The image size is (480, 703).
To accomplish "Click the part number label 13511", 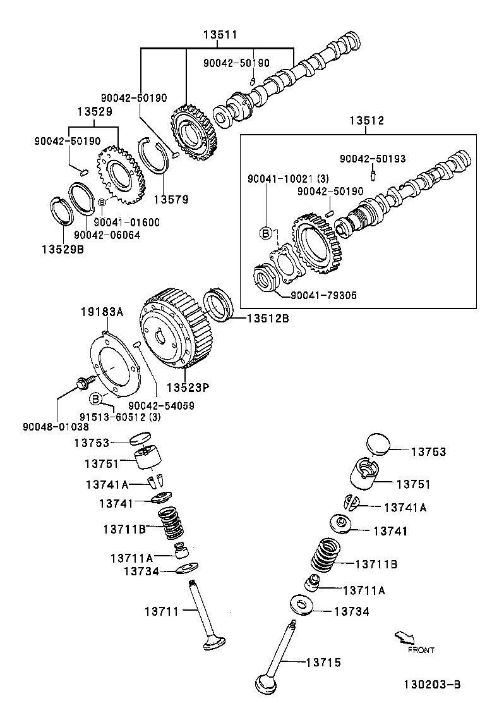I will (220, 35).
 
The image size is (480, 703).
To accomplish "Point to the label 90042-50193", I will (372, 159).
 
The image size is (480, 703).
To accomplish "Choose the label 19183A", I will (102, 312).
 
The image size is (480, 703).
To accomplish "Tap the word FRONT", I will (421, 650).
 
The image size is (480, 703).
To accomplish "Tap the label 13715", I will (323, 663).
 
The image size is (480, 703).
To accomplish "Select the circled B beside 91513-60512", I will (95, 398).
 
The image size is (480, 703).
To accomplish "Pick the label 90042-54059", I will (161, 405).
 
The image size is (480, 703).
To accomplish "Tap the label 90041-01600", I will (127, 222).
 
